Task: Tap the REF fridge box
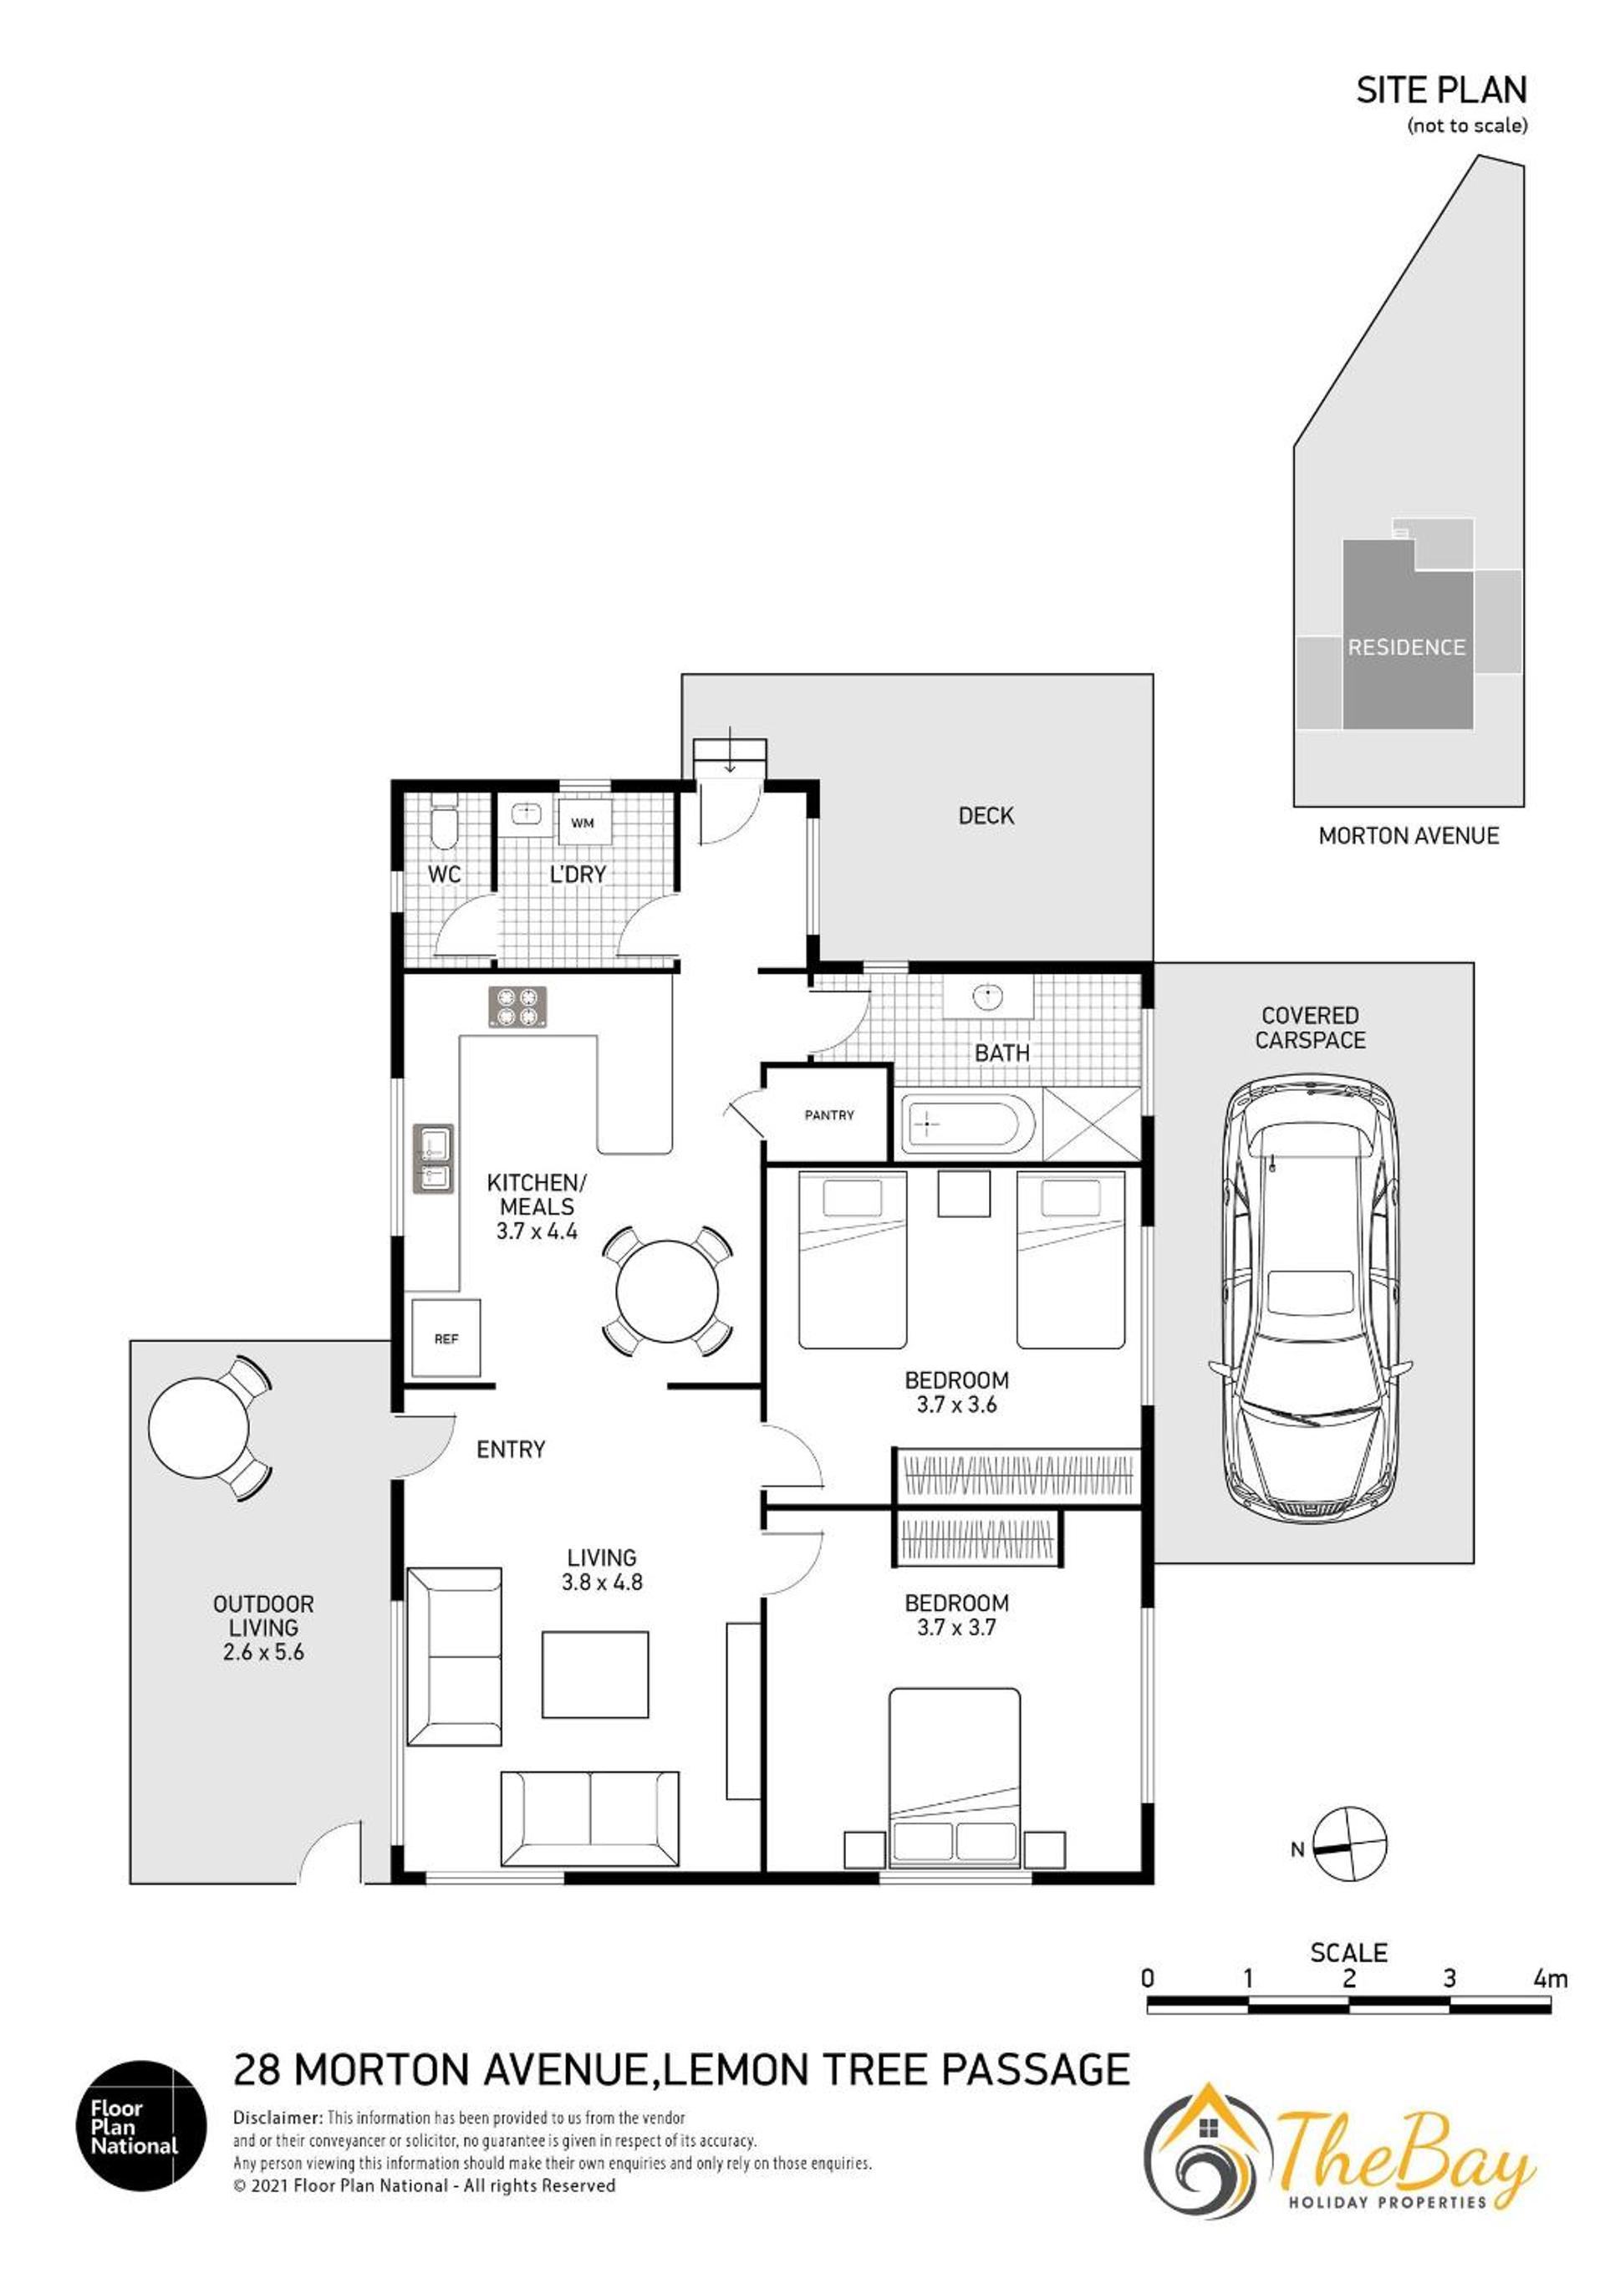[446, 1338]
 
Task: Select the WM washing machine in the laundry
[583, 822]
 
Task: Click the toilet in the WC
[445, 826]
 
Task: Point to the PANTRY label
[829, 1114]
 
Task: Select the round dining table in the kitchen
[667, 1291]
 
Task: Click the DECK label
[986, 815]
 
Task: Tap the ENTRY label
[511, 1449]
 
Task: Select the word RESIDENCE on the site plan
[1406, 647]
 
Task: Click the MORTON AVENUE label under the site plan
[1409, 835]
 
